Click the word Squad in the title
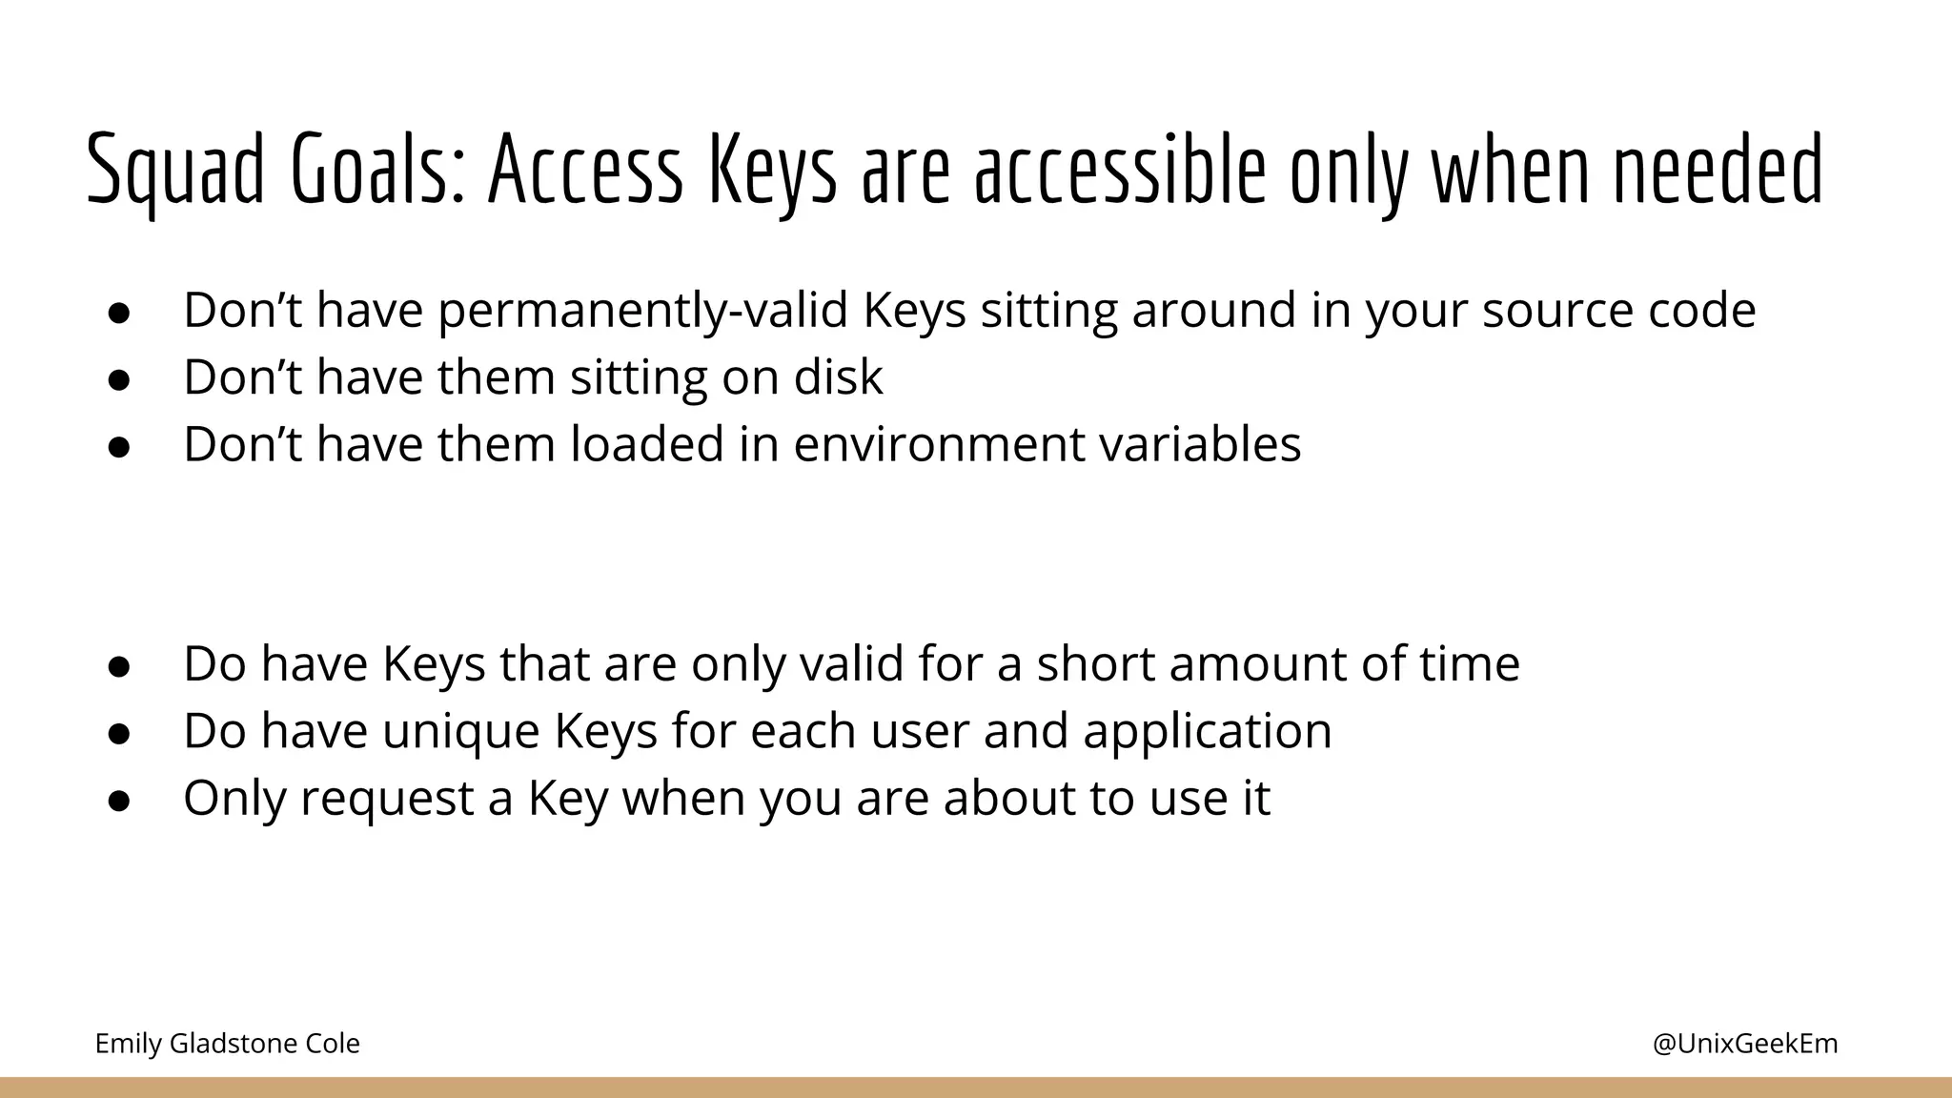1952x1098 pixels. (x=174, y=172)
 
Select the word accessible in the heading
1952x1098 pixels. (x=1120, y=172)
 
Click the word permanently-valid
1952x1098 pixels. (x=642, y=312)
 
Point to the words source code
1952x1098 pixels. (x=1617, y=312)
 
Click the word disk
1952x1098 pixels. (x=838, y=377)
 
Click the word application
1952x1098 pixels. (x=1207, y=732)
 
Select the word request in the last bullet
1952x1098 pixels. (x=386, y=799)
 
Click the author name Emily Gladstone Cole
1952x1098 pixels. (x=227, y=1044)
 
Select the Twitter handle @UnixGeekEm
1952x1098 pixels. (x=1744, y=1044)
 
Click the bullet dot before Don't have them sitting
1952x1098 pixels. (x=118, y=379)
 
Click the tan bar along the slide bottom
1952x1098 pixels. (x=976, y=1088)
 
